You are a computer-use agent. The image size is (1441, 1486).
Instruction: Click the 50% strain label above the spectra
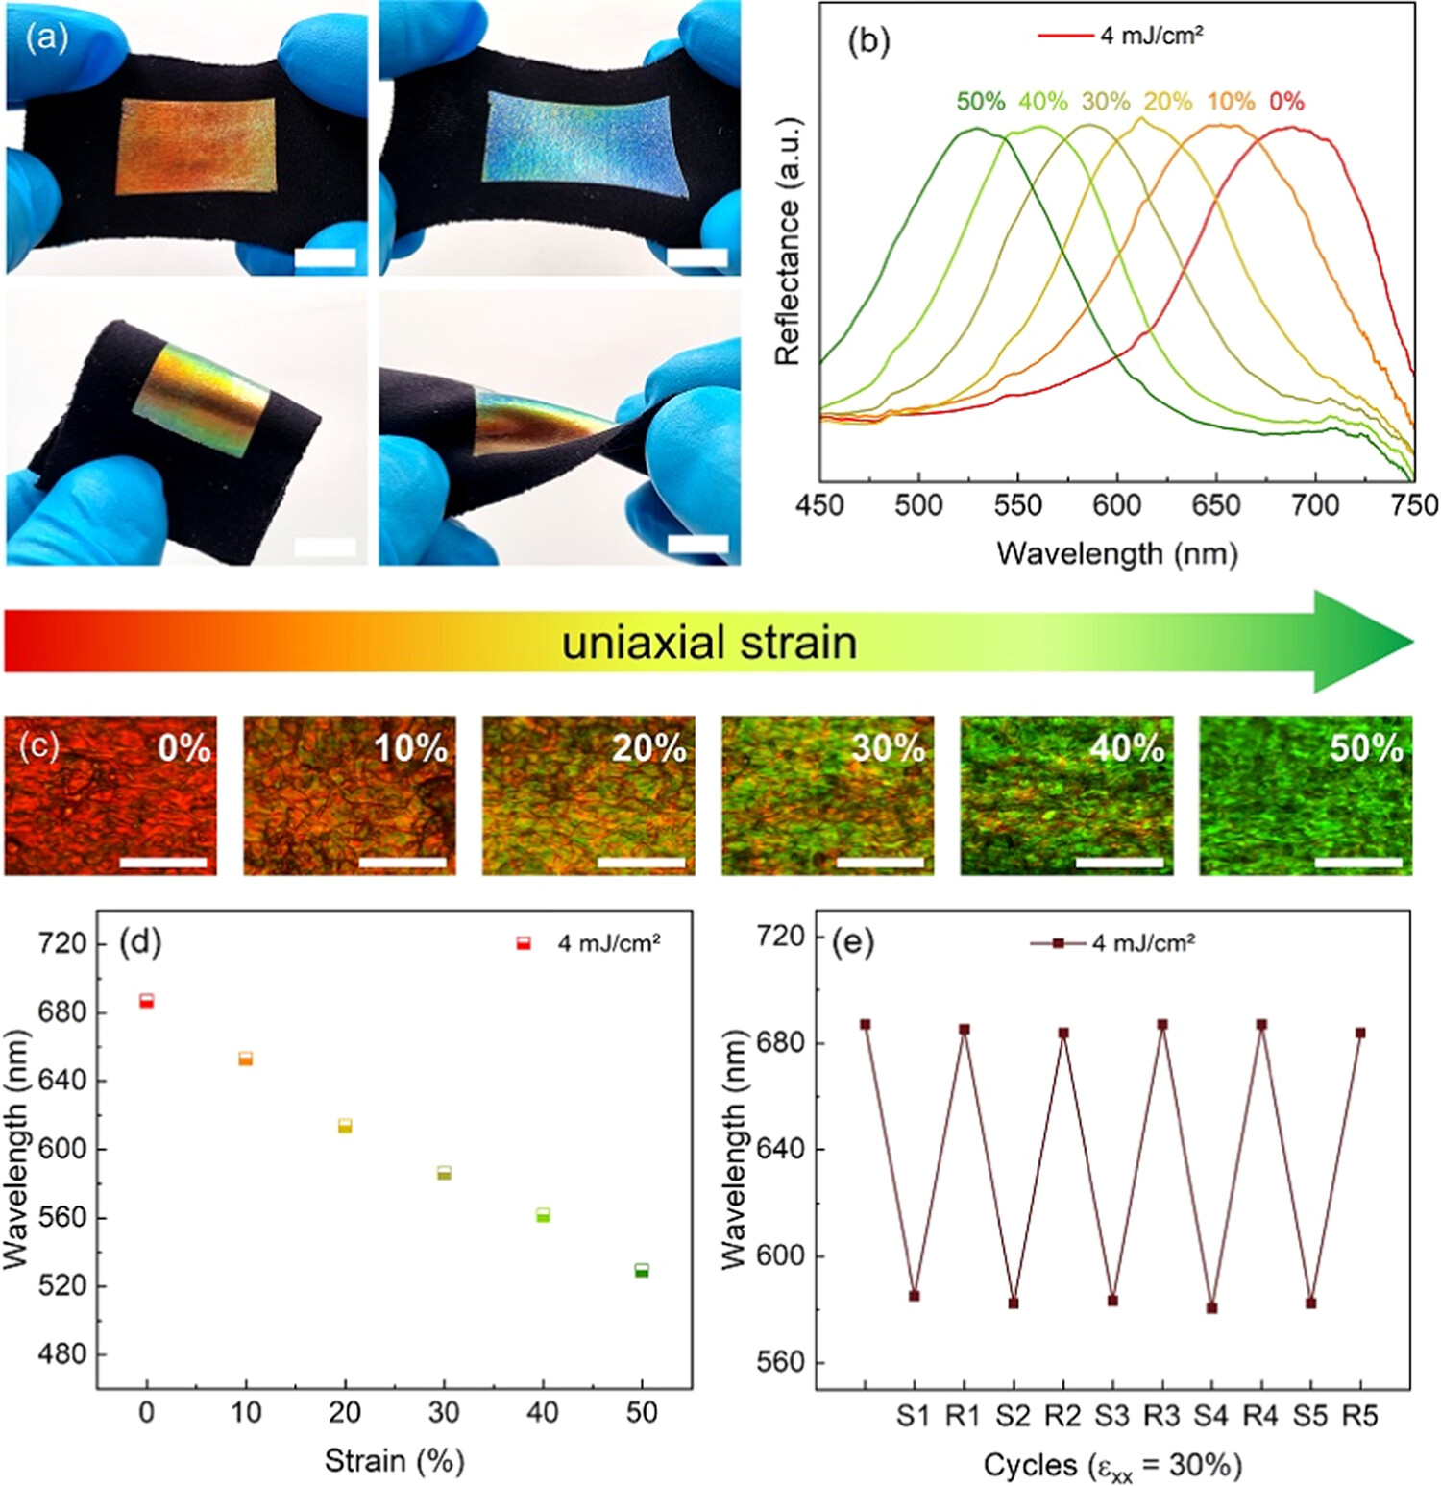coord(980,101)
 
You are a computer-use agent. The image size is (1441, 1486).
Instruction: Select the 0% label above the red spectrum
coord(1286,101)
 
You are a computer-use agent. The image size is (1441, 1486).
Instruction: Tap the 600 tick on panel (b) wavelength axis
coord(1117,504)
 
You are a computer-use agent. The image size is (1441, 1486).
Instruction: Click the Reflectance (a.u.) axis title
coord(787,241)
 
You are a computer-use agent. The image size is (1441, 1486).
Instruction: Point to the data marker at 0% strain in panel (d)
coord(146,1001)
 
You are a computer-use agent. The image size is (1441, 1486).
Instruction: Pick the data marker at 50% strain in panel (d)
coord(642,1270)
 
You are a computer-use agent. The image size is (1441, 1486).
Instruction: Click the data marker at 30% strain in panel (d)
coord(444,1172)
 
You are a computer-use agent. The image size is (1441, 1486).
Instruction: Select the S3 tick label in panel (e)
coord(1112,1415)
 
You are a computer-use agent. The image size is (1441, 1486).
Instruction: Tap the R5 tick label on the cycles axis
coord(1359,1415)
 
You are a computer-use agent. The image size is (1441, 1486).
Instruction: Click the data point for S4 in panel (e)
coord(1211,1307)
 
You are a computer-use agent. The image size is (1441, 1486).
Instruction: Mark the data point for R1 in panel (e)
coord(965,1029)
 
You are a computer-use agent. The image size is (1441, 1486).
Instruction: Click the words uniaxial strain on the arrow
coord(709,642)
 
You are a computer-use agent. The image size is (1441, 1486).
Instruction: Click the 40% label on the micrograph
coord(1126,747)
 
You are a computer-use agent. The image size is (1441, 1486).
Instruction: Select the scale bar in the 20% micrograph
coord(641,862)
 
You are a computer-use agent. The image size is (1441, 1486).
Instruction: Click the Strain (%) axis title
coord(394,1460)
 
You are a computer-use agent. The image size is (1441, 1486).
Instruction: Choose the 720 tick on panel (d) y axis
coord(62,943)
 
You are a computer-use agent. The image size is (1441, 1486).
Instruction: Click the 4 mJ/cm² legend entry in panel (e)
coord(1114,943)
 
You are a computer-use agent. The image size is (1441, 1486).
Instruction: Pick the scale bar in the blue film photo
coord(697,257)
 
